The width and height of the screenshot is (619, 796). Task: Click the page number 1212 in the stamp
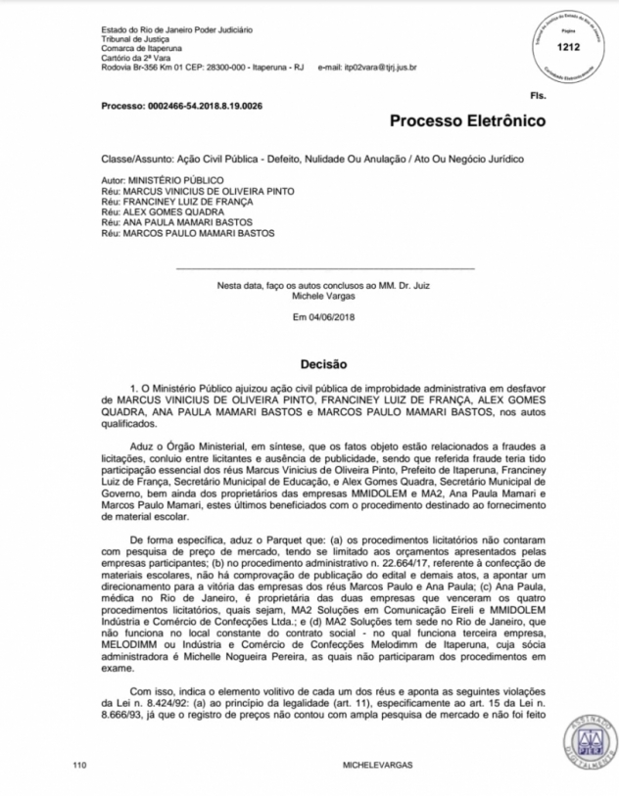pyautogui.click(x=567, y=46)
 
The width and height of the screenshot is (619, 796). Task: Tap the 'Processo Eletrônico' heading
pyautogui.click(x=467, y=121)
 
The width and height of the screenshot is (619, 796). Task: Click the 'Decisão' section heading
pyautogui.click(x=323, y=363)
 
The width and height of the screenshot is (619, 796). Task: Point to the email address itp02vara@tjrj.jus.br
pyautogui.click(x=375, y=67)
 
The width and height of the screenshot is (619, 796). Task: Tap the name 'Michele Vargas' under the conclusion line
pyautogui.click(x=323, y=294)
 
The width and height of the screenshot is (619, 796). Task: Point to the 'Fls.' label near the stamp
pyautogui.click(x=537, y=96)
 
